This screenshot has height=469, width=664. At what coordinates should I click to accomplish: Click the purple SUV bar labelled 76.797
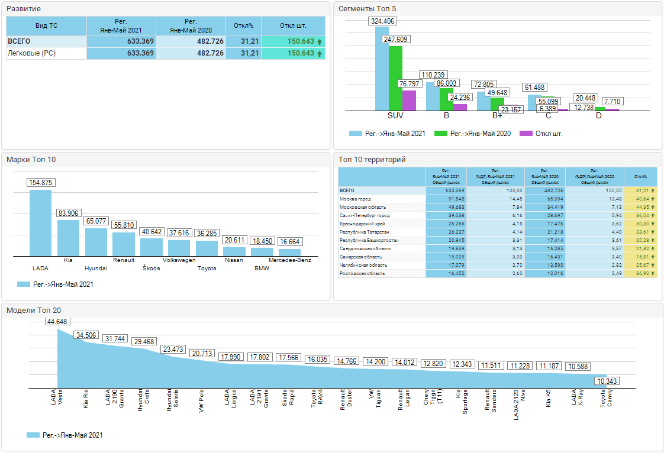click(x=409, y=101)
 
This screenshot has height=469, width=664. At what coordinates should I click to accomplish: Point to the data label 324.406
click(x=383, y=21)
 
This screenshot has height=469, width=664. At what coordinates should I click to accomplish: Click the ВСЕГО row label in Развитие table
click(x=19, y=41)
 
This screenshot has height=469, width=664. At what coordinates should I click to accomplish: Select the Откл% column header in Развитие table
click(x=243, y=26)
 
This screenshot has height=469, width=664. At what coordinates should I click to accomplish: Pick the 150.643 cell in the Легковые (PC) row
click(x=292, y=53)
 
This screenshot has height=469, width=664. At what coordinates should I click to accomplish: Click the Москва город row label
click(x=356, y=199)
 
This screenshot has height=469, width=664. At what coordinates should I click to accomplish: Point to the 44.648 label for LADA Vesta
click(x=57, y=322)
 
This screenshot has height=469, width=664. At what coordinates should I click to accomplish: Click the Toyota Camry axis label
click(x=607, y=400)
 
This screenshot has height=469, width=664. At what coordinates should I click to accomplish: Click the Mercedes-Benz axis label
click(x=289, y=260)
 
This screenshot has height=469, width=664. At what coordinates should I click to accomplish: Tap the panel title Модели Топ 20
click(x=34, y=310)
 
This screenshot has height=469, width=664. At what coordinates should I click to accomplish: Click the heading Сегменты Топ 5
click(x=367, y=9)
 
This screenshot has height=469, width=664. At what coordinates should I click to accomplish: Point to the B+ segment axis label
click(x=497, y=115)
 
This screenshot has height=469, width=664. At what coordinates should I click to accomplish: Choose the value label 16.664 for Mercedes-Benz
click(x=289, y=242)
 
